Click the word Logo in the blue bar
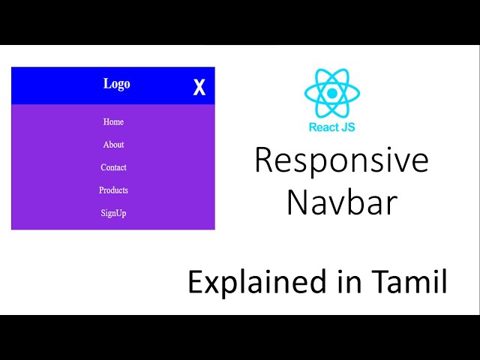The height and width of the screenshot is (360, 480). [116, 84]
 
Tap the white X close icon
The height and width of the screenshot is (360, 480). [199, 88]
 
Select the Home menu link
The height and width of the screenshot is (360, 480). [113, 121]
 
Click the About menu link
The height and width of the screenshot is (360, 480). [113, 145]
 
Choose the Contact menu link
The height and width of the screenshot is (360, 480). [113, 167]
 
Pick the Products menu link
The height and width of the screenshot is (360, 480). [113, 190]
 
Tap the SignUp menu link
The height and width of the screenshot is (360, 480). [113, 213]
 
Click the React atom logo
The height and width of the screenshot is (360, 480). [331, 93]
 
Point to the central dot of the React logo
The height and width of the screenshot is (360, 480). [331, 93]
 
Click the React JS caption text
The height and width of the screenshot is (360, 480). [331, 127]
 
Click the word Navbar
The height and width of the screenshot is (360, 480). [341, 202]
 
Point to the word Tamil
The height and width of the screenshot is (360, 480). [409, 282]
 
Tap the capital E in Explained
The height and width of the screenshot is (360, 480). [195, 283]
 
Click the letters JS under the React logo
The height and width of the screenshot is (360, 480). [347, 127]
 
